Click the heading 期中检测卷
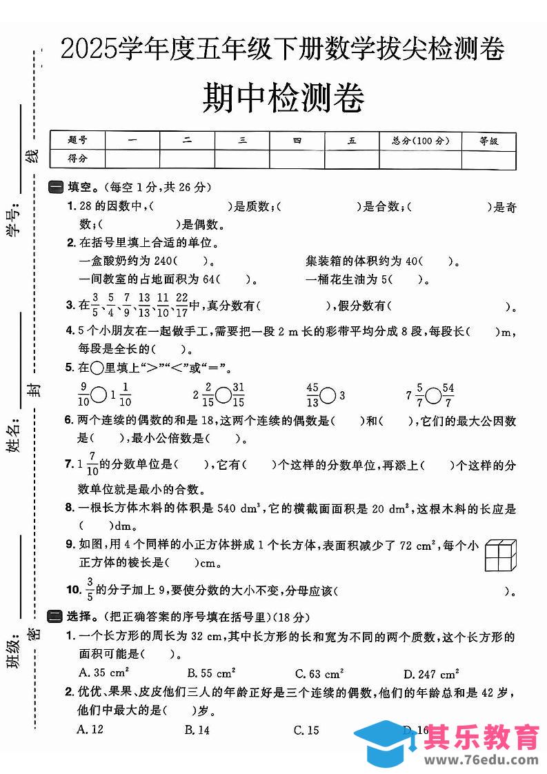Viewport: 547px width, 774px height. [284, 99]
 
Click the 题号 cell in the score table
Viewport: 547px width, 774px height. [78, 141]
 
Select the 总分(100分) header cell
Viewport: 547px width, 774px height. [420, 141]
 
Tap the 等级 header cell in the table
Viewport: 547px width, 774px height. [488, 141]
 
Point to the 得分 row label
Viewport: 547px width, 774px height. [78, 159]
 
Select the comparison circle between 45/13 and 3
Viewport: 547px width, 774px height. [328, 395]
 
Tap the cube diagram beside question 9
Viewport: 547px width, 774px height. [501, 554]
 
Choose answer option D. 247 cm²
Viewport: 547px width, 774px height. [431, 673]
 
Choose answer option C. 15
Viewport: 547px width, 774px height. [306, 730]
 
